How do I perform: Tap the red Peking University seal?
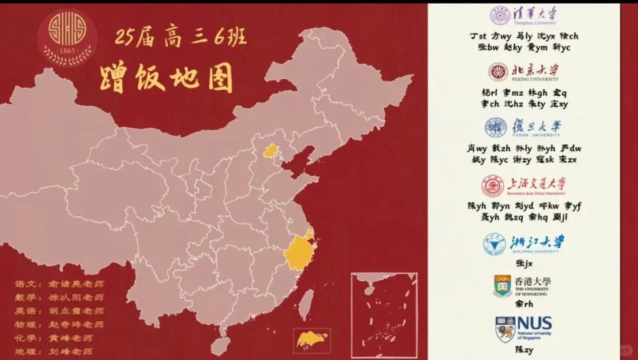(498, 72)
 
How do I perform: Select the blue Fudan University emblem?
(496, 127)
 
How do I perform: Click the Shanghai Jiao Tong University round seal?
(492, 186)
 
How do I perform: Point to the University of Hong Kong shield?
(503, 286)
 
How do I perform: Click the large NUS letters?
(535, 324)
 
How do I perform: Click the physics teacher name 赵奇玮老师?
(76, 325)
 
